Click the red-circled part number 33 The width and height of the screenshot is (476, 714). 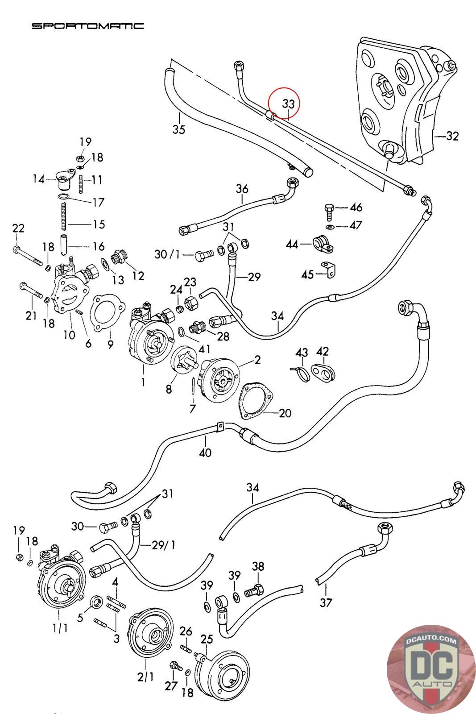(x=288, y=104)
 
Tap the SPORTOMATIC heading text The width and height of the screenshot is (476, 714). (x=87, y=26)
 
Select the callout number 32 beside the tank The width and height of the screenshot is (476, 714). (x=452, y=136)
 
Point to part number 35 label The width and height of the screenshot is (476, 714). (x=178, y=129)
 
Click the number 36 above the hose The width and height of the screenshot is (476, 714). (x=242, y=189)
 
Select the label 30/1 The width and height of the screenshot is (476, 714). (x=167, y=254)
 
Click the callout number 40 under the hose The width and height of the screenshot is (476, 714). (x=205, y=453)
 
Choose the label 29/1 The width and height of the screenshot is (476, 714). (x=164, y=545)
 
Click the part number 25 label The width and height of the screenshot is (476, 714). (x=207, y=639)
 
